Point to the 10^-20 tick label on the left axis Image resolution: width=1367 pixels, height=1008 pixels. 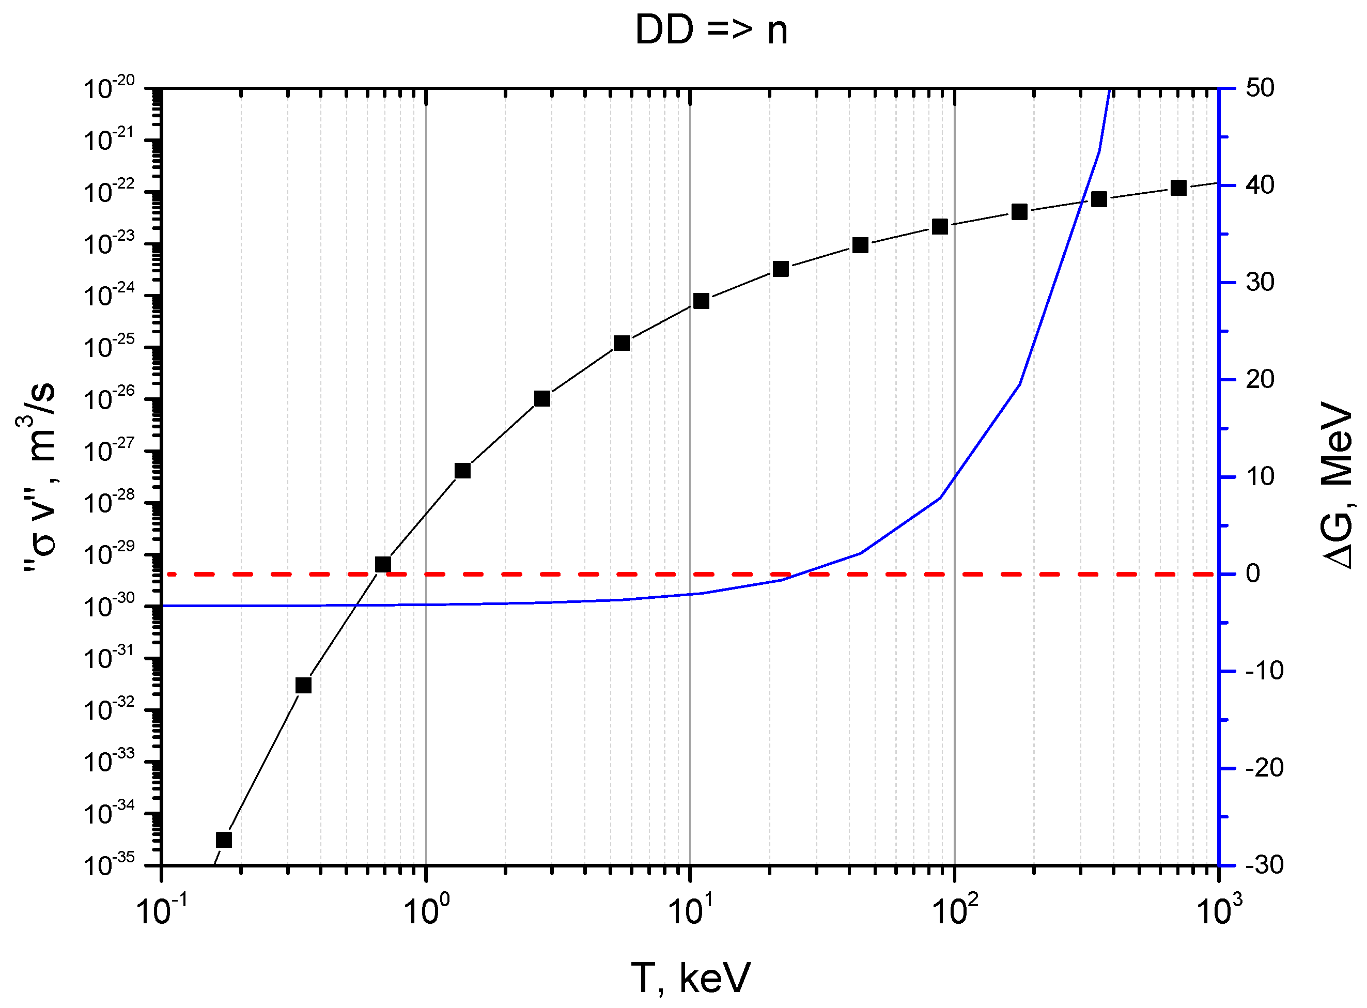click(x=108, y=88)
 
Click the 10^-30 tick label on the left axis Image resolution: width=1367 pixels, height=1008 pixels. click(x=108, y=607)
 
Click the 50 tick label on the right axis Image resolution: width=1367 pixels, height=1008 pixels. click(x=1260, y=88)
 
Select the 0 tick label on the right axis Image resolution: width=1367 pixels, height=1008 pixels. click(x=1252, y=573)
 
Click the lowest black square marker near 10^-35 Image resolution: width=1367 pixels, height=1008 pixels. click(x=224, y=840)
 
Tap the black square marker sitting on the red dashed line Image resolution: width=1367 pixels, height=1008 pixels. click(x=382, y=564)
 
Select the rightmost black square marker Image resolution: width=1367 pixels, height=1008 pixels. click(x=1178, y=188)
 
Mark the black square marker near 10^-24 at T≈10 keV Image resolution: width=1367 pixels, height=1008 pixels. click(x=701, y=301)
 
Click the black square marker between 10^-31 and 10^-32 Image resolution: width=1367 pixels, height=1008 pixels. click(x=303, y=686)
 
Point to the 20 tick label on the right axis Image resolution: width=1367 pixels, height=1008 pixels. click(x=1260, y=380)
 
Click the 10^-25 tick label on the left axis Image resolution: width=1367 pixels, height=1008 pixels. click(x=108, y=348)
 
